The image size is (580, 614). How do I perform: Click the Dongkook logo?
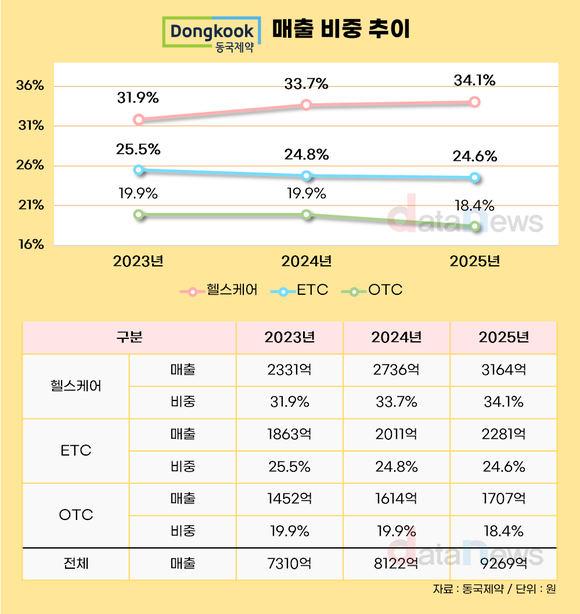pos(212,35)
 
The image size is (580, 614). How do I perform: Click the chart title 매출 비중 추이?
pos(341,32)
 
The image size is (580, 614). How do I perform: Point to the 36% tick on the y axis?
pos(30,86)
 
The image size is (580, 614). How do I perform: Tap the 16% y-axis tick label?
pos(30,245)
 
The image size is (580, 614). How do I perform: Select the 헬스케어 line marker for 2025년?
pos(475,102)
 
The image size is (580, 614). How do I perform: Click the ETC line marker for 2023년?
pos(139,171)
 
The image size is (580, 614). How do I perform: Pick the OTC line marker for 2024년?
pos(307,215)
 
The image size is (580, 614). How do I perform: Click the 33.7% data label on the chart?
pos(307,83)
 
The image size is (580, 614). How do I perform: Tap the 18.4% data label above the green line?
pos(475,206)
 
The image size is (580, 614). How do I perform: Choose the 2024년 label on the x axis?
pos(307,262)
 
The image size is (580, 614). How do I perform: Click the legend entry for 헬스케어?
pos(219,291)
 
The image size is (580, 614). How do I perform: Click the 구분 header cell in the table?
pos(129,337)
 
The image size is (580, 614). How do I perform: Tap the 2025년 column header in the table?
pos(502,337)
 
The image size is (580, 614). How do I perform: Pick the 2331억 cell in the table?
pos(289,370)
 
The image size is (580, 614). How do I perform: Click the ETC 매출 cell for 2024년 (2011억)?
pos(396,434)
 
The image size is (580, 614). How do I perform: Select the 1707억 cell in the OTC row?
pos(502,498)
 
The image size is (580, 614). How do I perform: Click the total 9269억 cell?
pos(502,563)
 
